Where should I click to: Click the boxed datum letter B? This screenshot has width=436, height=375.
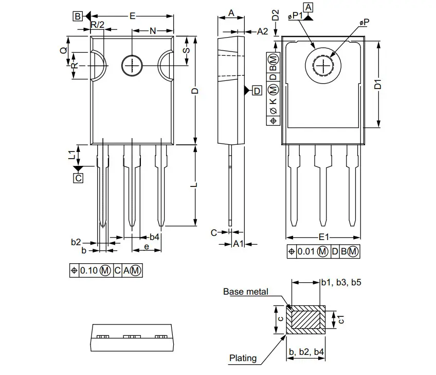click(x=77, y=16)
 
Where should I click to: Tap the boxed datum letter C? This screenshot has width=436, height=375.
click(x=78, y=178)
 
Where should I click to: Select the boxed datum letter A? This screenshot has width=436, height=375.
click(x=308, y=7)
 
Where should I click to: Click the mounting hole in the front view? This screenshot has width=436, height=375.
click(x=132, y=65)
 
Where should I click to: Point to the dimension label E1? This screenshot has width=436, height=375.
click(x=323, y=237)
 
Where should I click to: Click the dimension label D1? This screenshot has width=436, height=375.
click(x=378, y=84)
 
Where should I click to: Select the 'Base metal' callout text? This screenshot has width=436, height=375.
click(x=245, y=292)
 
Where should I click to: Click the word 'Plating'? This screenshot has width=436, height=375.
click(x=243, y=358)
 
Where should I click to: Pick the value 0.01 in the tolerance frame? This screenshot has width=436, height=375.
click(x=306, y=251)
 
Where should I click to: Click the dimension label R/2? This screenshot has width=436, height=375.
click(x=97, y=25)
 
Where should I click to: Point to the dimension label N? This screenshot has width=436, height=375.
click(x=153, y=31)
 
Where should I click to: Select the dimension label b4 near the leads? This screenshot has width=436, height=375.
click(x=154, y=237)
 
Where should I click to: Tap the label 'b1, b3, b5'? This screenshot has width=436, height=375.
click(x=342, y=282)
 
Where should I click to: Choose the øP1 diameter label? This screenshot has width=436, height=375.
click(x=296, y=17)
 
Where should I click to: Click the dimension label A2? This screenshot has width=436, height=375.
click(x=262, y=31)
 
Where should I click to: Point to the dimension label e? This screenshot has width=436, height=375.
click(x=147, y=247)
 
